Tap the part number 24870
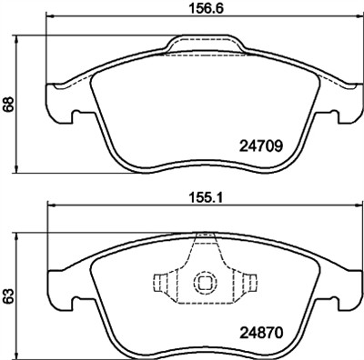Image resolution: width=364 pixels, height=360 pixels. point(263,334)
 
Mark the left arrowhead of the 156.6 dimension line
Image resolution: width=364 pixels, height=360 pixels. point(48,17)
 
